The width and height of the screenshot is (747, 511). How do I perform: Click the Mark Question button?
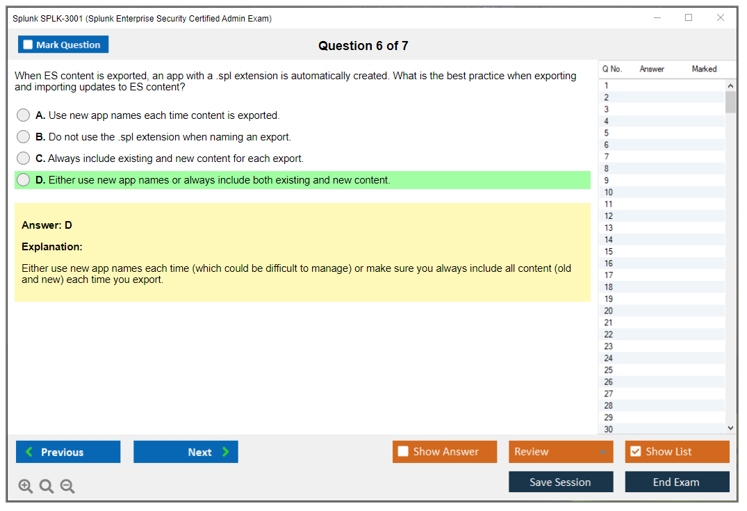63,44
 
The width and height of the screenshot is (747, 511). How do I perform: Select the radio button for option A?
24,115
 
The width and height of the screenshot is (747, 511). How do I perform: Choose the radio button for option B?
24,137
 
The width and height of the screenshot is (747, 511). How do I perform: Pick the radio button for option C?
24,158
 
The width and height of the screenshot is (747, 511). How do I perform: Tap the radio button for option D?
24,179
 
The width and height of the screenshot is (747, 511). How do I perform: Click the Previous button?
68,451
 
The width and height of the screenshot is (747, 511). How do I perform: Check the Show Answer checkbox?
403,451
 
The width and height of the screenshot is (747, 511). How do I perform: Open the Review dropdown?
561,451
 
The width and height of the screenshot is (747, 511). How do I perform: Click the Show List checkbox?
636,451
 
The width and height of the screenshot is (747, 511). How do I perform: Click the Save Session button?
561,482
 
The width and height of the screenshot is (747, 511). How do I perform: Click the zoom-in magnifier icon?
26,486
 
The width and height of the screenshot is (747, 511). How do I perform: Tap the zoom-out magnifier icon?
67,486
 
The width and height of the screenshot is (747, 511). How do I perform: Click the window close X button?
721,17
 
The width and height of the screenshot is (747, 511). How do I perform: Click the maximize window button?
689,17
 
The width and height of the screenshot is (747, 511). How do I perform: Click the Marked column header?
704,69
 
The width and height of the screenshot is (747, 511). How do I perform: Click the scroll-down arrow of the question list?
731,428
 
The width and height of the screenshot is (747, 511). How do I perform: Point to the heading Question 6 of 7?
363,46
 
